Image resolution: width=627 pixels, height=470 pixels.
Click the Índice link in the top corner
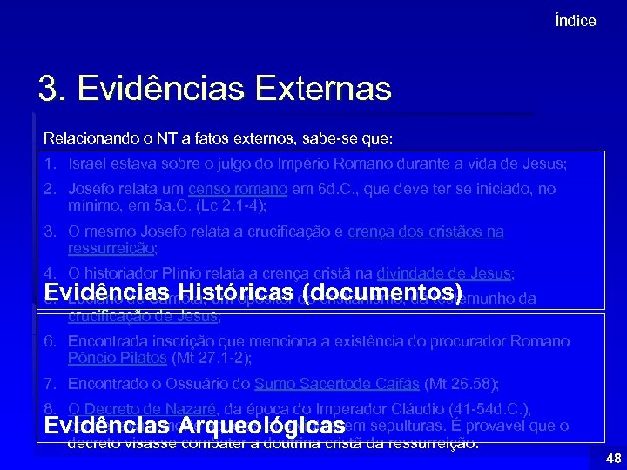pyautogui.click(x=576, y=21)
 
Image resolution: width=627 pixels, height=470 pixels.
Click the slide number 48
pyautogui.click(x=612, y=458)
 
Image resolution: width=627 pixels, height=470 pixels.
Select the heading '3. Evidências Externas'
pyautogui.click(x=214, y=88)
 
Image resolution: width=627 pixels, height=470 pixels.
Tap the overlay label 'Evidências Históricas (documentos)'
pyautogui.click(x=253, y=291)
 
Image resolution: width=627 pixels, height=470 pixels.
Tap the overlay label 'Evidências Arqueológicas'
pyautogui.click(x=195, y=426)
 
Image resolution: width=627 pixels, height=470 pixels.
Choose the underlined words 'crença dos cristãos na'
pyautogui.click(x=426, y=232)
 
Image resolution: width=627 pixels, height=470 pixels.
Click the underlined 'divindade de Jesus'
pyautogui.click(x=443, y=273)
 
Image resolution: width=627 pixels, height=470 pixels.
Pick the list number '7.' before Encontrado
pyautogui.click(x=50, y=383)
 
